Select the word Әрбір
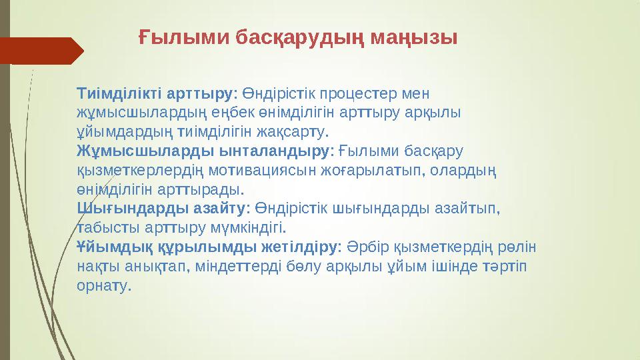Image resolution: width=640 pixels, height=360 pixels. [x=365, y=247]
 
